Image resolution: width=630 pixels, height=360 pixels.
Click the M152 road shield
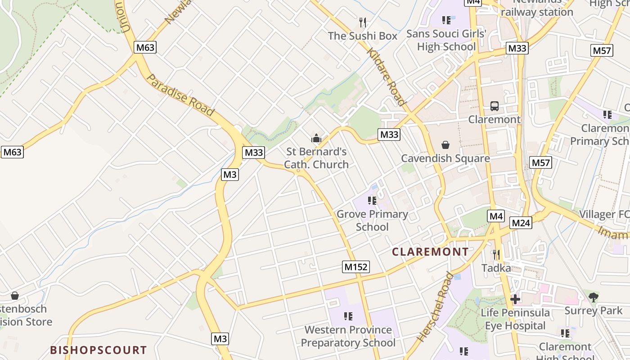click(355, 267)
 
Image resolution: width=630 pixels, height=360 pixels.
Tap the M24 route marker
click(521, 222)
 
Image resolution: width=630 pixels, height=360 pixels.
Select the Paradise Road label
click(180, 95)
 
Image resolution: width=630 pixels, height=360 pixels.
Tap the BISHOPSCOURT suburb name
click(98, 350)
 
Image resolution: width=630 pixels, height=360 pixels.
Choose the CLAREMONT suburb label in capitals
click(430, 252)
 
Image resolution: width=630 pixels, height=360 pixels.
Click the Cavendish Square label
click(445, 158)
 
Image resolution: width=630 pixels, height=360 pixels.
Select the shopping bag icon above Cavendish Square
click(445, 145)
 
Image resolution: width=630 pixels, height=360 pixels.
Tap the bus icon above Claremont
click(494, 107)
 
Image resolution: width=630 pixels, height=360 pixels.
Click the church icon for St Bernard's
click(316, 139)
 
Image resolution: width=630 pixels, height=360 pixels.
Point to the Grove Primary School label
click(372, 220)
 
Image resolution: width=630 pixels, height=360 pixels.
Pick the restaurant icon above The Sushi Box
click(363, 22)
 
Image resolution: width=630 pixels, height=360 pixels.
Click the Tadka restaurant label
click(496, 268)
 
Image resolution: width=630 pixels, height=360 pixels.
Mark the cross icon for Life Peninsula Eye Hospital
click(515, 299)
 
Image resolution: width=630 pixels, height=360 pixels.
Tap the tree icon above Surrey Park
click(593, 297)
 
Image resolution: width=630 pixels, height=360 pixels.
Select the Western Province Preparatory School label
click(348, 336)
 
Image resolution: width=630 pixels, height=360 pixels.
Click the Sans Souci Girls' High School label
click(446, 40)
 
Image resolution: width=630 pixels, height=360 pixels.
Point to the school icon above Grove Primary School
click(372, 201)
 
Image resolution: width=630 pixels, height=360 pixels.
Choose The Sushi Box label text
click(363, 36)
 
